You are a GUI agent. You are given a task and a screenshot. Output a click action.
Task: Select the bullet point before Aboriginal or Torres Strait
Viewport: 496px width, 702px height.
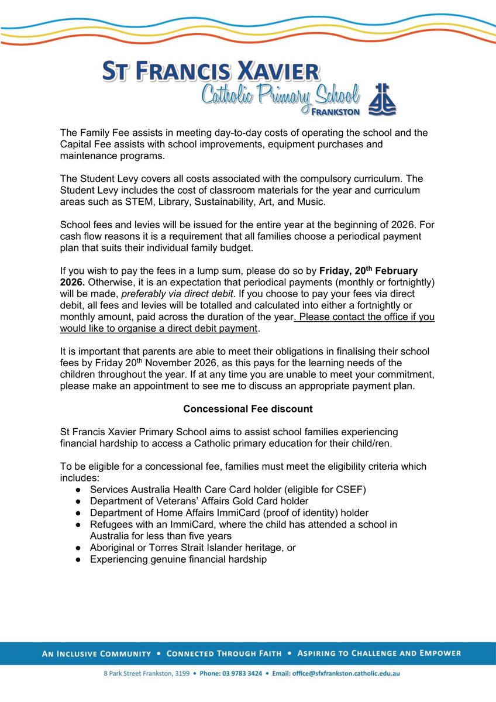click(78, 548)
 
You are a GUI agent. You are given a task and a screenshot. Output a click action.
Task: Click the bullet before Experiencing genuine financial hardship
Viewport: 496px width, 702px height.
click(78, 560)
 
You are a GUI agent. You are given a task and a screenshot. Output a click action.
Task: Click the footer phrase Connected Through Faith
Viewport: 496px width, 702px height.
click(224, 653)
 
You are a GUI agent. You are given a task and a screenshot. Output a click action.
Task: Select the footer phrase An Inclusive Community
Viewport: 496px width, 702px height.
click(97, 653)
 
